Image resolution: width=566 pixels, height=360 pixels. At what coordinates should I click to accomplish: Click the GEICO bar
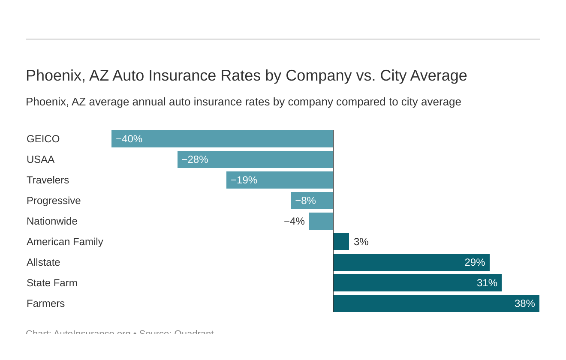tap(222, 139)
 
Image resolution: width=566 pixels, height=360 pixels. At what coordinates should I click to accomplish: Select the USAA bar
tap(255, 159)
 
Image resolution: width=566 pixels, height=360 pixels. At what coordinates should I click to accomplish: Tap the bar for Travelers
tap(280, 180)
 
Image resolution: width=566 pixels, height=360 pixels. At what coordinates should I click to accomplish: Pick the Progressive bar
tap(312, 201)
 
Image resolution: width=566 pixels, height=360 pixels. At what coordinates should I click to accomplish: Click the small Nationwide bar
tap(321, 221)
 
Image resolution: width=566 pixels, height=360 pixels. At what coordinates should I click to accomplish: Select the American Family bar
tap(341, 242)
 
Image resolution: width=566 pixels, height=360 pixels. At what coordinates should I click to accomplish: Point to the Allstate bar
tap(411, 262)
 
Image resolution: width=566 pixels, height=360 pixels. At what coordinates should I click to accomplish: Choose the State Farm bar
tap(417, 283)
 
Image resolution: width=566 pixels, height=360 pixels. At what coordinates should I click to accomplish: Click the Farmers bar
tap(436, 303)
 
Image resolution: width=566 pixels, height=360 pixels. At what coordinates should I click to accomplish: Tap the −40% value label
tap(129, 139)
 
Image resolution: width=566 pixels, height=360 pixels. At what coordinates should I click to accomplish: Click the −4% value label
tap(294, 221)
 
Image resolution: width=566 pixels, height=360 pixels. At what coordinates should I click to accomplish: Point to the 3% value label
tap(361, 242)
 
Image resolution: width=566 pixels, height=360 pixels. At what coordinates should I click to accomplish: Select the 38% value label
tap(524, 303)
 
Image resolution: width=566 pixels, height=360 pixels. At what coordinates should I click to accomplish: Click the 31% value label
tap(487, 283)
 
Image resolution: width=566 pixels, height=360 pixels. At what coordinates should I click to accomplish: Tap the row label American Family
tap(65, 242)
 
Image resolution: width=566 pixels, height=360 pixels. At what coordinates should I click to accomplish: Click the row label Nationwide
tap(52, 221)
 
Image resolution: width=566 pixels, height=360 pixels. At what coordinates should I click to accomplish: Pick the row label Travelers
tap(48, 180)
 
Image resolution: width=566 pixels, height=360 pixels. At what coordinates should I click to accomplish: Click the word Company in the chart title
tap(319, 75)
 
